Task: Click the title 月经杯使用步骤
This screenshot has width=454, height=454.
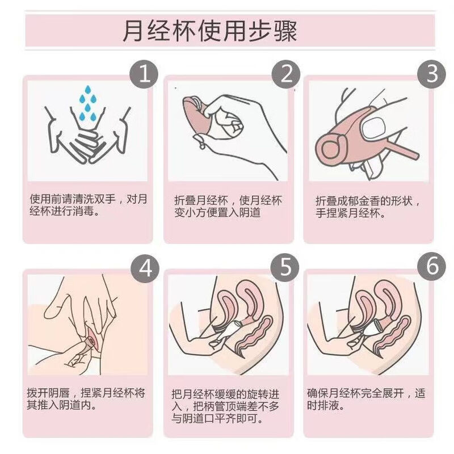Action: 210,31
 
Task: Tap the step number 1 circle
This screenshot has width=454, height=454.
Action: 146,74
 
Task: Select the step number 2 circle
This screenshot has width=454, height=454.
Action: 287,74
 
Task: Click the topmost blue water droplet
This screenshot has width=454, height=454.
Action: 87,89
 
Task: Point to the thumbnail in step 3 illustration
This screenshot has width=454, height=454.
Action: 376,123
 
